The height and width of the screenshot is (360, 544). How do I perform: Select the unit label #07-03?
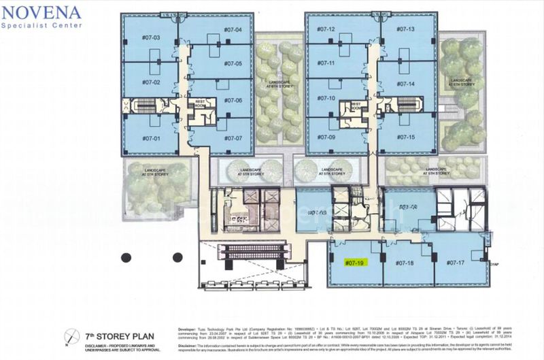coord(151,37)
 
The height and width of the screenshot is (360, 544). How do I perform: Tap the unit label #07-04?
coord(233,30)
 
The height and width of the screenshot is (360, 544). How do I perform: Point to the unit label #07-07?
coord(233,138)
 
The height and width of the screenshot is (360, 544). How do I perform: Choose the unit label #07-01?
coord(151,138)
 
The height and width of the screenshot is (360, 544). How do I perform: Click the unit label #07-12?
coord(326,29)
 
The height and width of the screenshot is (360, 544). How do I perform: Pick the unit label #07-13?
coord(406,29)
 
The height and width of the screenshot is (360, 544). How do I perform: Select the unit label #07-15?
coord(406,137)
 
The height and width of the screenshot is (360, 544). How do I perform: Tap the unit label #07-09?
coord(326,137)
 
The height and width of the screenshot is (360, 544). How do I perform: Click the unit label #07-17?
coord(455,263)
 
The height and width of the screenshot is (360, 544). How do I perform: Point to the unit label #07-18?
coord(405,263)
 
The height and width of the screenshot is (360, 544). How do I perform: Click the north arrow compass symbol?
coord(71,337)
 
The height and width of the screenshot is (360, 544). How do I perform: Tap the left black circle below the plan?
coord(126,257)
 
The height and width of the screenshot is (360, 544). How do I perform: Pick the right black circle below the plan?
coord(177,257)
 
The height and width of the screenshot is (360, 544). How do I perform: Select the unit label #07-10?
coord(326,98)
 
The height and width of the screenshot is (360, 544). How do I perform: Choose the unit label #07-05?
coord(233,63)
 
